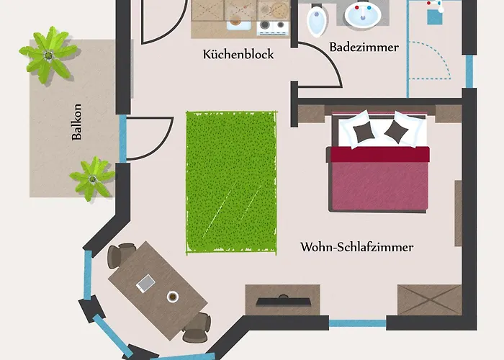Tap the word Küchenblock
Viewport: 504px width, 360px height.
tap(238, 54)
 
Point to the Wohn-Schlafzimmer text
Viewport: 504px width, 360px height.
tap(356, 248)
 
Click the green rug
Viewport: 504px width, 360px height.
tap(231, 181)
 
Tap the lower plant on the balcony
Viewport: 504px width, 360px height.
tap(92, 176)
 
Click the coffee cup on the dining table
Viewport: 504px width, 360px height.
tap(172, 295)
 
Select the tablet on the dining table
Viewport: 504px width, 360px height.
tap(146, 284)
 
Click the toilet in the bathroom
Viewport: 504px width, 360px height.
tap(316, 22)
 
